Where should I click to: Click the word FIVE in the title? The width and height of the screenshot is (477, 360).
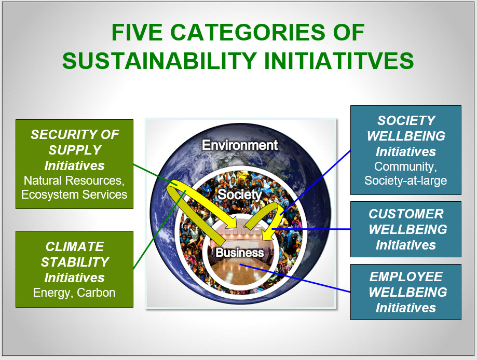click(137, 32)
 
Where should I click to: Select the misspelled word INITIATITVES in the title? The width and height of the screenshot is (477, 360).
click(338, 61)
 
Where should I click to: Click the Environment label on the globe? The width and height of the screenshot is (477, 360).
click(240, 145)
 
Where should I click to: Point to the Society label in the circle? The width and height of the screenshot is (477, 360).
click(240, 195)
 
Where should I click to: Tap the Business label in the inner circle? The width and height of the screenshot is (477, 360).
click(240, 253)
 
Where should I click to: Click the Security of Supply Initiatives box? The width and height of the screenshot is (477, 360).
click(75, 164)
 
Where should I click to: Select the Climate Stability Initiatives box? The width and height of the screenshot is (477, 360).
click(75, 269)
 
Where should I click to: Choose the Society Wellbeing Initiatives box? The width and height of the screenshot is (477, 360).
click(406, 150)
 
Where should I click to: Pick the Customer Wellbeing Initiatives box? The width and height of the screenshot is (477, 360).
click(406, 229)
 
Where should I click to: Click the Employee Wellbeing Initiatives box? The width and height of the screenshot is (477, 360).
click(406, 292)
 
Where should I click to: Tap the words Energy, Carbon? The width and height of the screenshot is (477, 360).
click(74, 293)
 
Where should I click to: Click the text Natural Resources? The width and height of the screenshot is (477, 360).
click(74, 181)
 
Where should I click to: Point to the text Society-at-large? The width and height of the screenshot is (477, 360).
click(406, 181)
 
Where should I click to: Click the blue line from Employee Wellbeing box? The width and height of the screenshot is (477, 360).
click(295, 278)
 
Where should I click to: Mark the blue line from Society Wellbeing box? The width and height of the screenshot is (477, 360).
click(316, 183)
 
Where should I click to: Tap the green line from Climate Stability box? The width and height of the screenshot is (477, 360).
click(160, 229)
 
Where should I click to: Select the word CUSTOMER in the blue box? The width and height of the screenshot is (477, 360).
click(406, 214)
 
